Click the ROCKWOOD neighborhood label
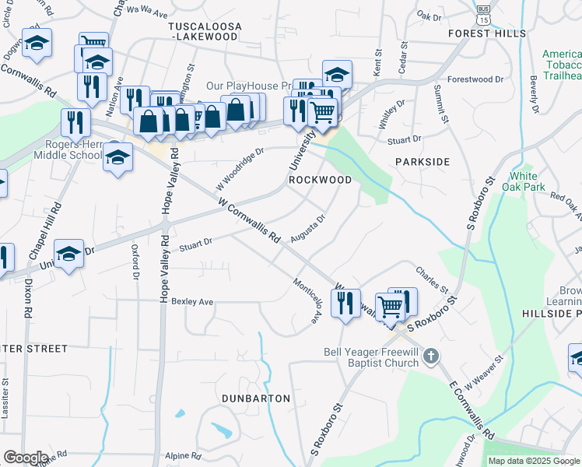click(321, 180)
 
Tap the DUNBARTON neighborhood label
click(256, 399)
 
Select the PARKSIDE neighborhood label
click(422, 161)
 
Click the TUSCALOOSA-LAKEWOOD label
click(205, 31)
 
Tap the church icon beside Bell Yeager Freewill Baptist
click(433, 356)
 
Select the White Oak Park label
click(523, 181)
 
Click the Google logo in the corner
click(26, 458)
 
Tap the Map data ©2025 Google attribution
click(533, 461)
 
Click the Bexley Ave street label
click(191, 301)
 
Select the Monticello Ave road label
click(306, 300)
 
